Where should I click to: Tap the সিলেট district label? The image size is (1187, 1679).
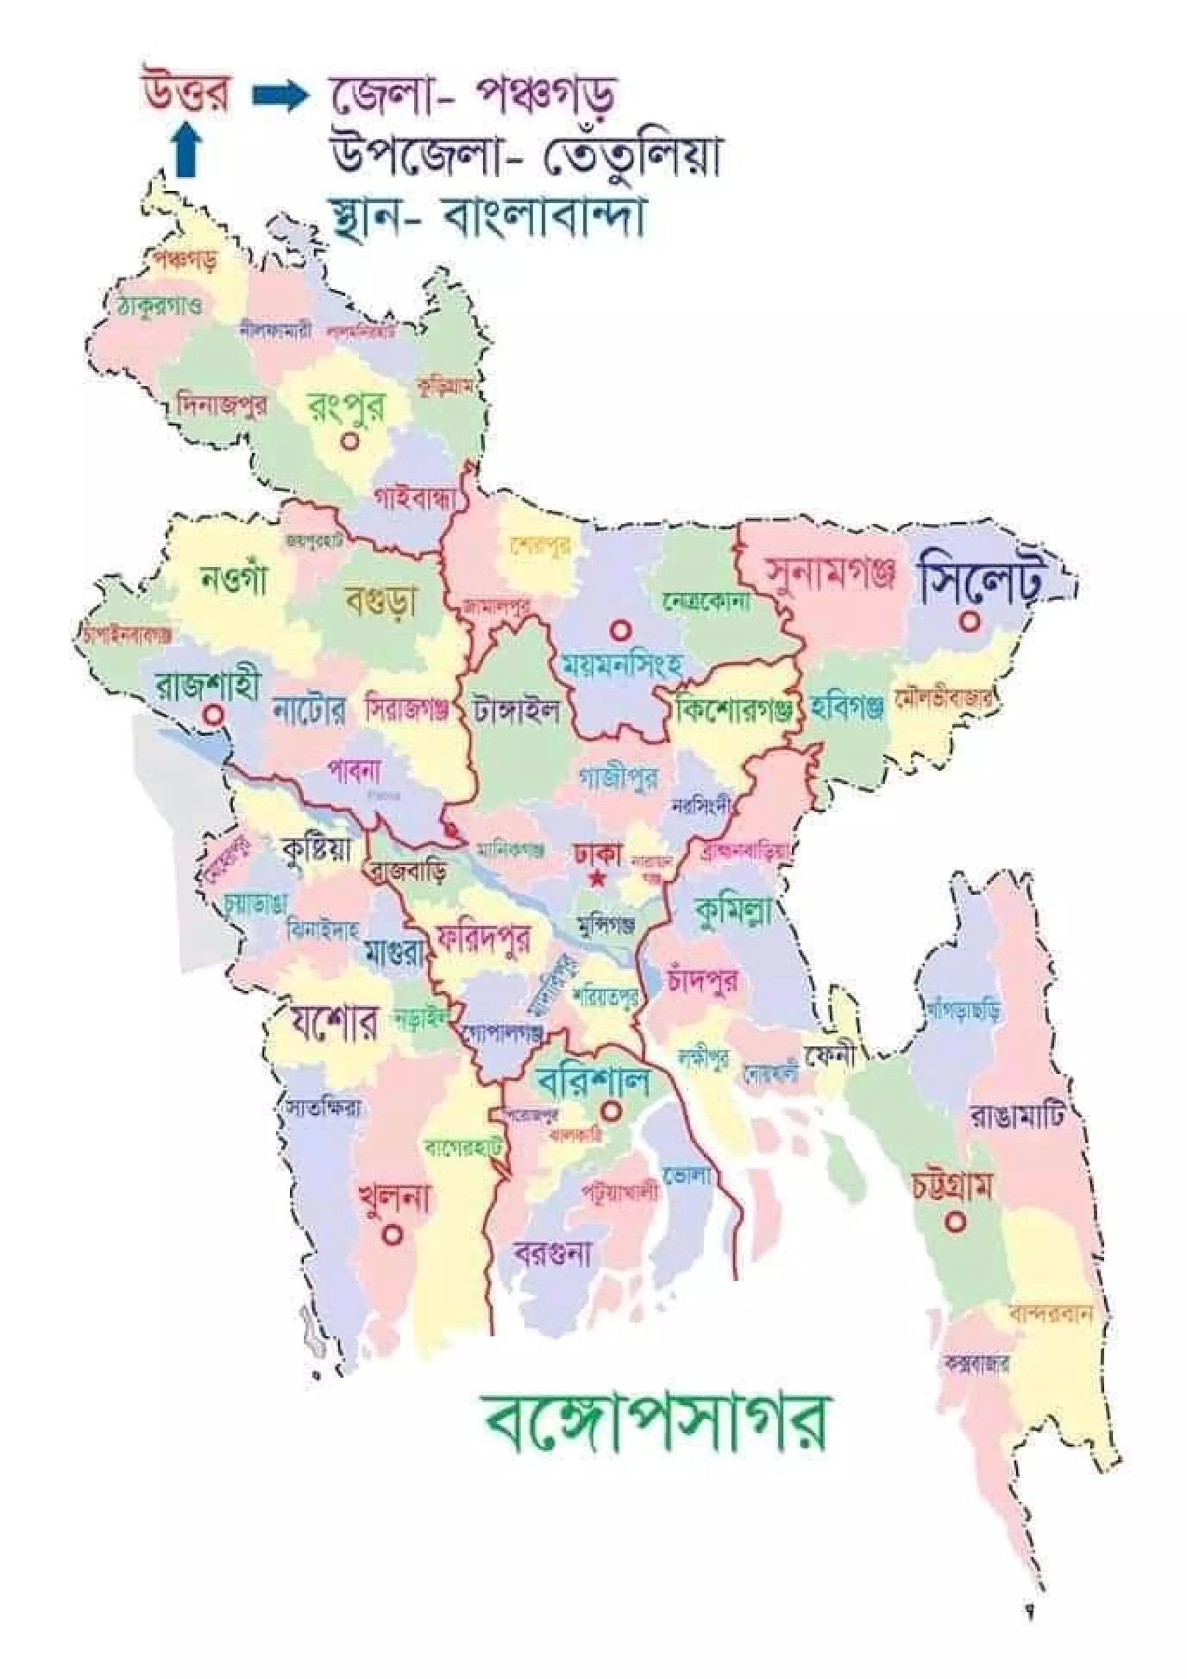click(980, 580)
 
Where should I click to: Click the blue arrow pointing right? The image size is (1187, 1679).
click(278, 97)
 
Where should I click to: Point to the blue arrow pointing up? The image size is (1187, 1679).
click(187, 149)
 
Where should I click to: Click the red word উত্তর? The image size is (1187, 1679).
click(186, 94)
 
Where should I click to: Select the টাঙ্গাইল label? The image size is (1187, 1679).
click(516, 709)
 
